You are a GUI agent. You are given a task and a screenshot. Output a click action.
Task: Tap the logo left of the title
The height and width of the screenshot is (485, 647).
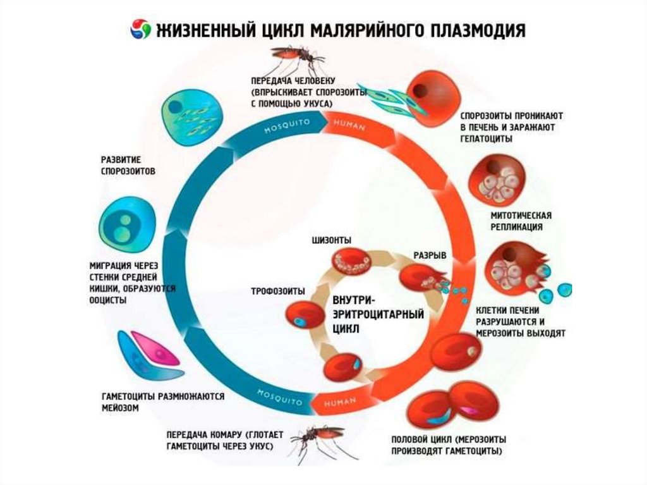pos(140,29)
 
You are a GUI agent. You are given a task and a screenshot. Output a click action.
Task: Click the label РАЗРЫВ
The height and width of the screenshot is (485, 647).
pos(430,255)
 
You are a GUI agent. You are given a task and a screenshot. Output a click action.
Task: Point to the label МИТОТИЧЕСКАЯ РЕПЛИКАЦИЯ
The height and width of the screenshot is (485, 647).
pos(517,221)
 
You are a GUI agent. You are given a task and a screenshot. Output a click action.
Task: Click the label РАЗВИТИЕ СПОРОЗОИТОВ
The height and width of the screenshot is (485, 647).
pos(128,165)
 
